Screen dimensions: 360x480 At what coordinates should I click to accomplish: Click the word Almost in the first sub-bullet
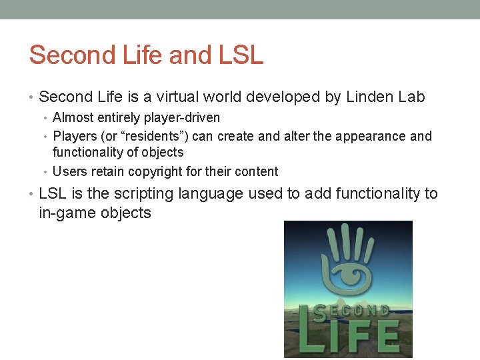73,117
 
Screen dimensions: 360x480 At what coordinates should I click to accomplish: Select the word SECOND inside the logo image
351,311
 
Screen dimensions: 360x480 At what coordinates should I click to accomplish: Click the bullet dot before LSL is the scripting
32,195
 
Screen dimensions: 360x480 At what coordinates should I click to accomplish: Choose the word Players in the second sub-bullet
74,136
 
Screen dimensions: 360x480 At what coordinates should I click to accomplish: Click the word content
256,171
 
